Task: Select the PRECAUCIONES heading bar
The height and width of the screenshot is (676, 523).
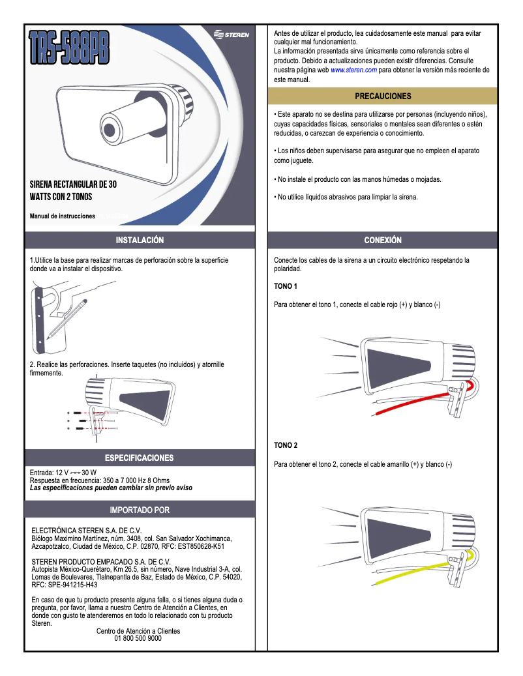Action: tap(383, 96)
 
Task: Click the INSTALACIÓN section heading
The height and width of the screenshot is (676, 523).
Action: tap(140, 241)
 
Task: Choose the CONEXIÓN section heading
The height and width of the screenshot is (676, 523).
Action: tap(383, 241)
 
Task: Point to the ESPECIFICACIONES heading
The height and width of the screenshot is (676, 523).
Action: tap(140, 458)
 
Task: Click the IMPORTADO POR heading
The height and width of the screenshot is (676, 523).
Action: tap(140, 509)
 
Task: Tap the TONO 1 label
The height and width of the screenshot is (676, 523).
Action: tap(286, 287)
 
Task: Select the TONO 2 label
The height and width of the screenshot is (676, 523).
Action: tap(286, 446)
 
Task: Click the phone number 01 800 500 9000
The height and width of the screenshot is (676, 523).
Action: tap(138, 639)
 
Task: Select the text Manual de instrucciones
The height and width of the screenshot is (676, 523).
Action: tap(62, 216)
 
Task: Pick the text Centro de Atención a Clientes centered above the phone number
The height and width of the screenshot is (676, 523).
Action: tap(138, 631)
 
